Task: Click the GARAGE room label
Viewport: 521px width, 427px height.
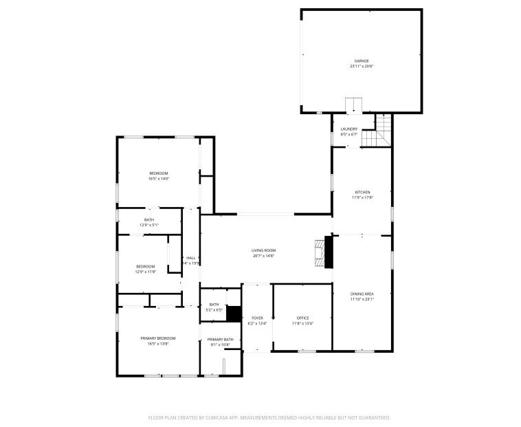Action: [362, 61]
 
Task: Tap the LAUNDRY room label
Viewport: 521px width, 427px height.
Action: [349, 129]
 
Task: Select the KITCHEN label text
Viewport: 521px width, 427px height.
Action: [362, 192]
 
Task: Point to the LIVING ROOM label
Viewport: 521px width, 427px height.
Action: [263, 250]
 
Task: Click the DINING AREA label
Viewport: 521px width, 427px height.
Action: [362, 294]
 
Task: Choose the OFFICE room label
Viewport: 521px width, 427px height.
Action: [302, 318]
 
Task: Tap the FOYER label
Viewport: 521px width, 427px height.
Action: [257, 318]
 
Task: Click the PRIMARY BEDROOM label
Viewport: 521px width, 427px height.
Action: [158, 338]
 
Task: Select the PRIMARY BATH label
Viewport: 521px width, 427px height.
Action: [221, 339]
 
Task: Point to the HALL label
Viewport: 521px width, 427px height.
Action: [190, 258]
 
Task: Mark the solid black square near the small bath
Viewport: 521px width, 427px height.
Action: [234, 314]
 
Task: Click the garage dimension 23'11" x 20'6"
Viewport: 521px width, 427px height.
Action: [362, 67]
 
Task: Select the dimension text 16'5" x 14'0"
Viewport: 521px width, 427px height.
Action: [158, 179]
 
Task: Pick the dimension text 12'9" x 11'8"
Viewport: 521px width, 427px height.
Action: [145, 272]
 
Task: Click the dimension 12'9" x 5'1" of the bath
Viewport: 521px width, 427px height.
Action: [149, 225]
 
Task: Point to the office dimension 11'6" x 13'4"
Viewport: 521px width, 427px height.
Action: [302, 323]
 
